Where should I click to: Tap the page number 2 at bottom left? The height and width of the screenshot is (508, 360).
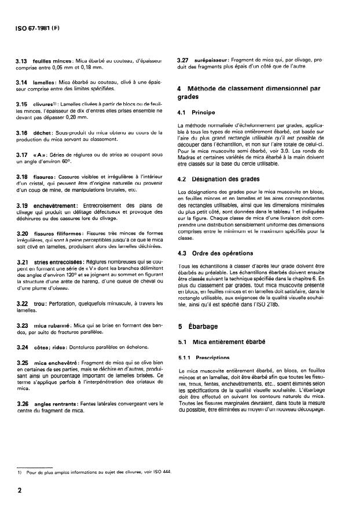[20, 489]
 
